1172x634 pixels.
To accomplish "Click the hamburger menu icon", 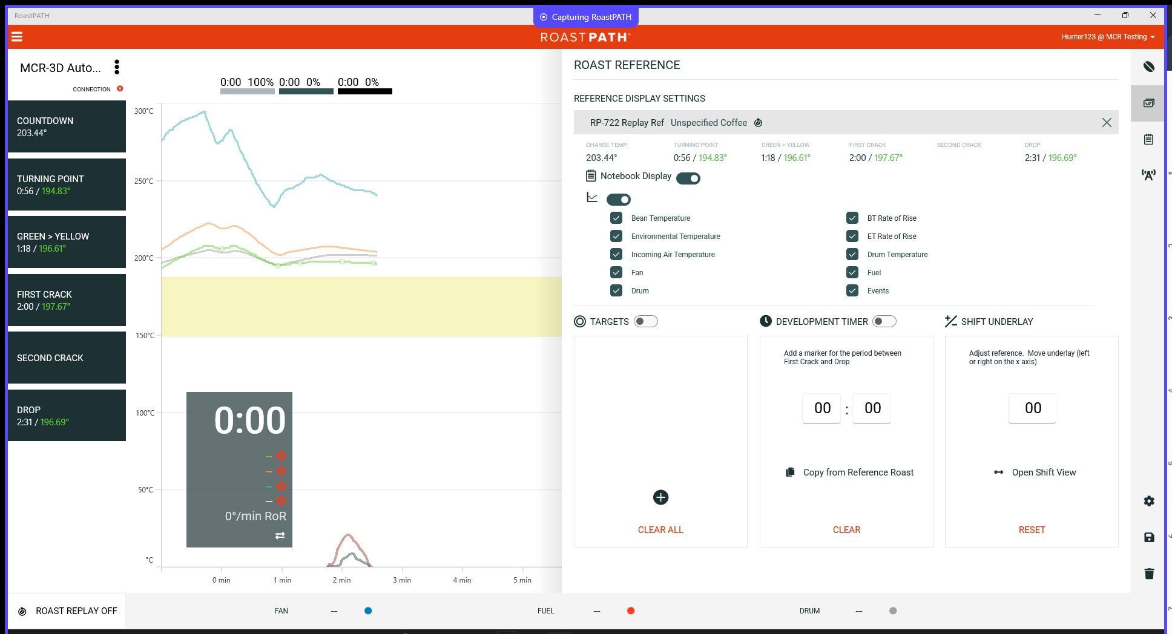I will coord(17,37).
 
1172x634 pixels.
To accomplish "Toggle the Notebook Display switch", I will coord(688,178).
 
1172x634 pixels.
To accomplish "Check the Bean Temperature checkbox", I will coord(616,218).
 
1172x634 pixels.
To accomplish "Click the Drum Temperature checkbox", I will coord(852,254).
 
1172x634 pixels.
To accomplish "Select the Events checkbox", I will coord(852,290).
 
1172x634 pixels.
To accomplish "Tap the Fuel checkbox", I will coord(852,272).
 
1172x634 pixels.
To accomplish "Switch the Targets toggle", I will coord(645,321).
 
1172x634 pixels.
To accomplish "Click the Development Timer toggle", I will coord(884,321).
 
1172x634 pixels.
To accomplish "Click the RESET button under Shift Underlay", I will coord(1032,529).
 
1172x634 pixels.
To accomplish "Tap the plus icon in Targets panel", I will coord(660,497).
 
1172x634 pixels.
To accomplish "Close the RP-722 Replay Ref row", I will coord(1107,123).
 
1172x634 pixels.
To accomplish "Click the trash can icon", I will coord(1149,574).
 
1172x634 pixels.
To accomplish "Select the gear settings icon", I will coord(1149,501).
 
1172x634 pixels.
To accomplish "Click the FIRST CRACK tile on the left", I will coord(67,300).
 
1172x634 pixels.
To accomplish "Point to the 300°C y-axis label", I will coord(144,111).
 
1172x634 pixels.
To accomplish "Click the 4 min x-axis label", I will coord(462,580).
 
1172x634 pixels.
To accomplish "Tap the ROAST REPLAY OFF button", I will coord(67,611).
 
